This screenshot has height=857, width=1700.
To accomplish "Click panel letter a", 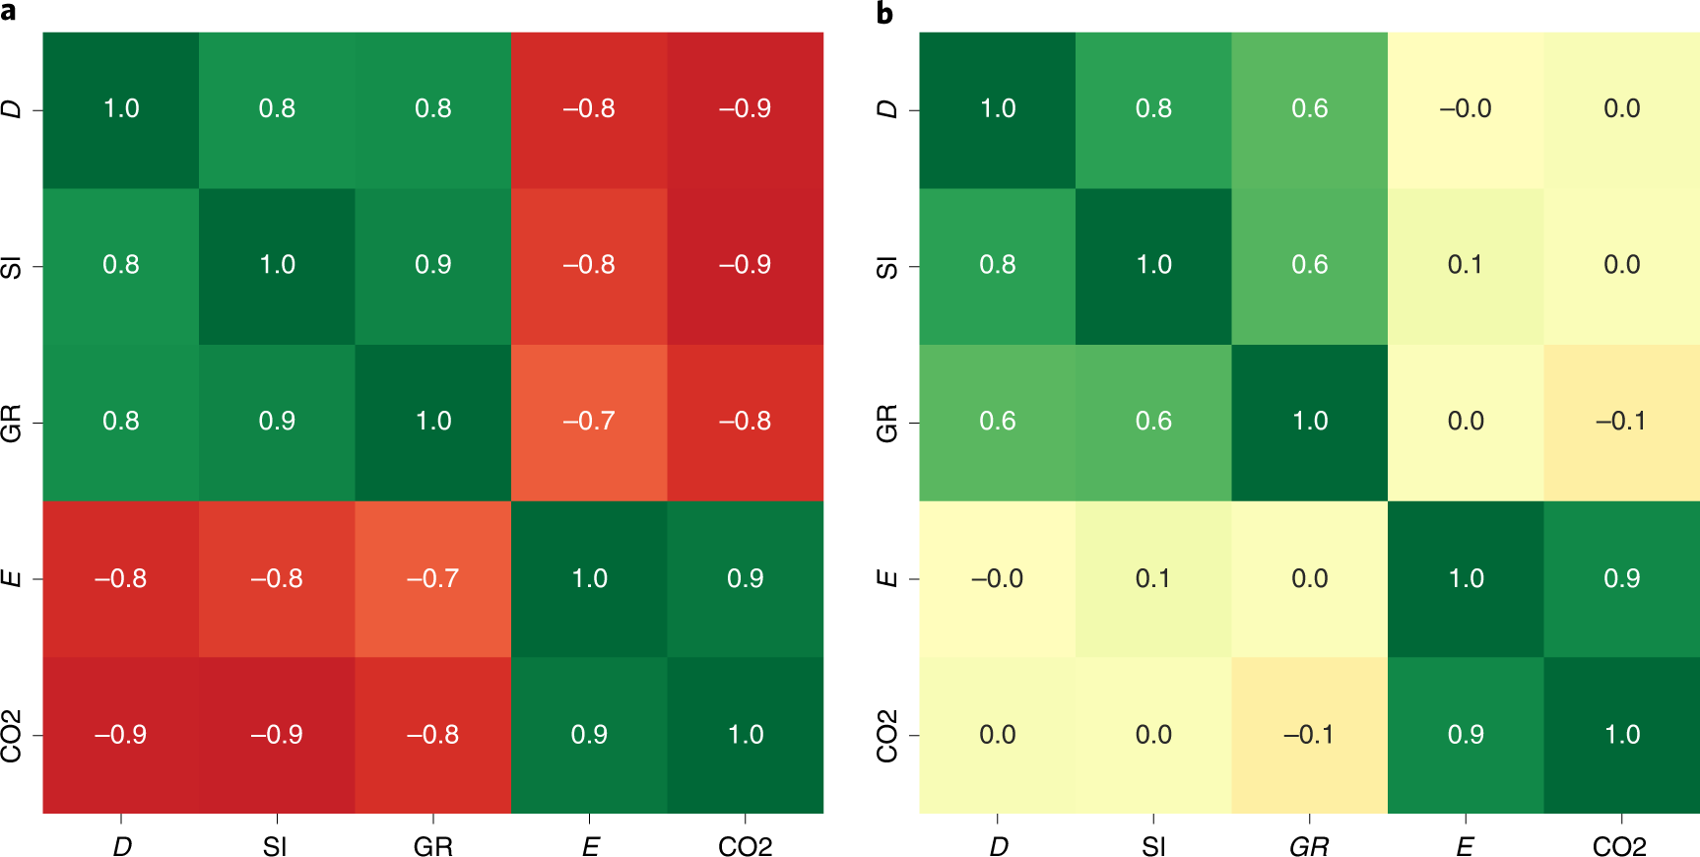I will [8, 12].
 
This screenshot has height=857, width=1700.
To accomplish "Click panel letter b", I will [884, 13].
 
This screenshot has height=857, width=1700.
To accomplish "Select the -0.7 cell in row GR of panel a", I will [589, 422].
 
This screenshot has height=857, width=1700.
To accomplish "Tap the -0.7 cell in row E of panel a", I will [433, 578].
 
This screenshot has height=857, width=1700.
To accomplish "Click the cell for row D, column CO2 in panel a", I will [745, 109].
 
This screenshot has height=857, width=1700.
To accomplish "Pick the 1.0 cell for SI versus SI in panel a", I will [277, 265].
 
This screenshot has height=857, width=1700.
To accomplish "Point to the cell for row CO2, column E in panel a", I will [589, 735].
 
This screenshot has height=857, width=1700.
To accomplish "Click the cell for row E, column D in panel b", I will [997, 578].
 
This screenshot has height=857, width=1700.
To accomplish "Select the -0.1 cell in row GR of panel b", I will [1621, 422].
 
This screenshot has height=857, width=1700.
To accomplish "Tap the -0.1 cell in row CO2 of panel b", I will [1309, 735].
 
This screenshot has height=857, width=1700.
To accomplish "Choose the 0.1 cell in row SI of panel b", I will [1466, 265].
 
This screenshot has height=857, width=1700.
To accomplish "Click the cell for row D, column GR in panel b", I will [1309, 109].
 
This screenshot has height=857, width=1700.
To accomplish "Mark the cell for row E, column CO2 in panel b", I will [1621, 578].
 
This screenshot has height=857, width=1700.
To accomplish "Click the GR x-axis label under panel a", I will [433, 846].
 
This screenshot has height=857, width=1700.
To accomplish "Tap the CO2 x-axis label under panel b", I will [1620, 846].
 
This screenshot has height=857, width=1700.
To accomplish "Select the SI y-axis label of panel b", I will [886, 267].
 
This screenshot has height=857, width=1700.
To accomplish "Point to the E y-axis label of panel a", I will [11, 578].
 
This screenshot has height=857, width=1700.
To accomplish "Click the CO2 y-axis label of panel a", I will [11, 736].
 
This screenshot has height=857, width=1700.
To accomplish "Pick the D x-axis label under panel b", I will [998, 846].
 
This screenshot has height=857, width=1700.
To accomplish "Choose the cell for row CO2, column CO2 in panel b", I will [1621, 735].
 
